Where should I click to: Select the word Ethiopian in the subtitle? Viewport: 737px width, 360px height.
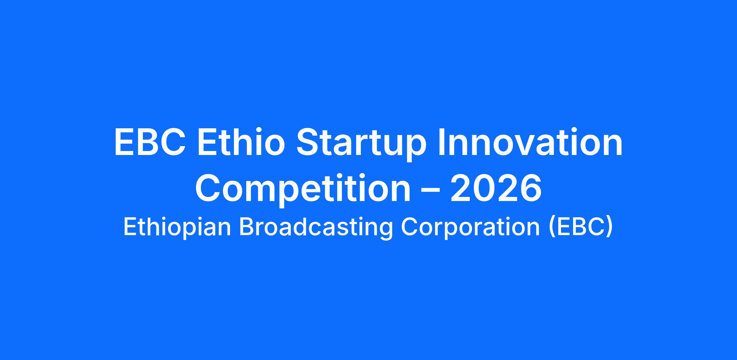click(177, 228)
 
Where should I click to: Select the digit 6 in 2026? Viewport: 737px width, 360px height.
click(530, 188)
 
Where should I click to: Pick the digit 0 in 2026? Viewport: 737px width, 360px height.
click(484, 188)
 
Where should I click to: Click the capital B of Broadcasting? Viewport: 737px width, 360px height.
click(247, 227)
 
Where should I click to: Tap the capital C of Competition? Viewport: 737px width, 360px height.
click(208, 188)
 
